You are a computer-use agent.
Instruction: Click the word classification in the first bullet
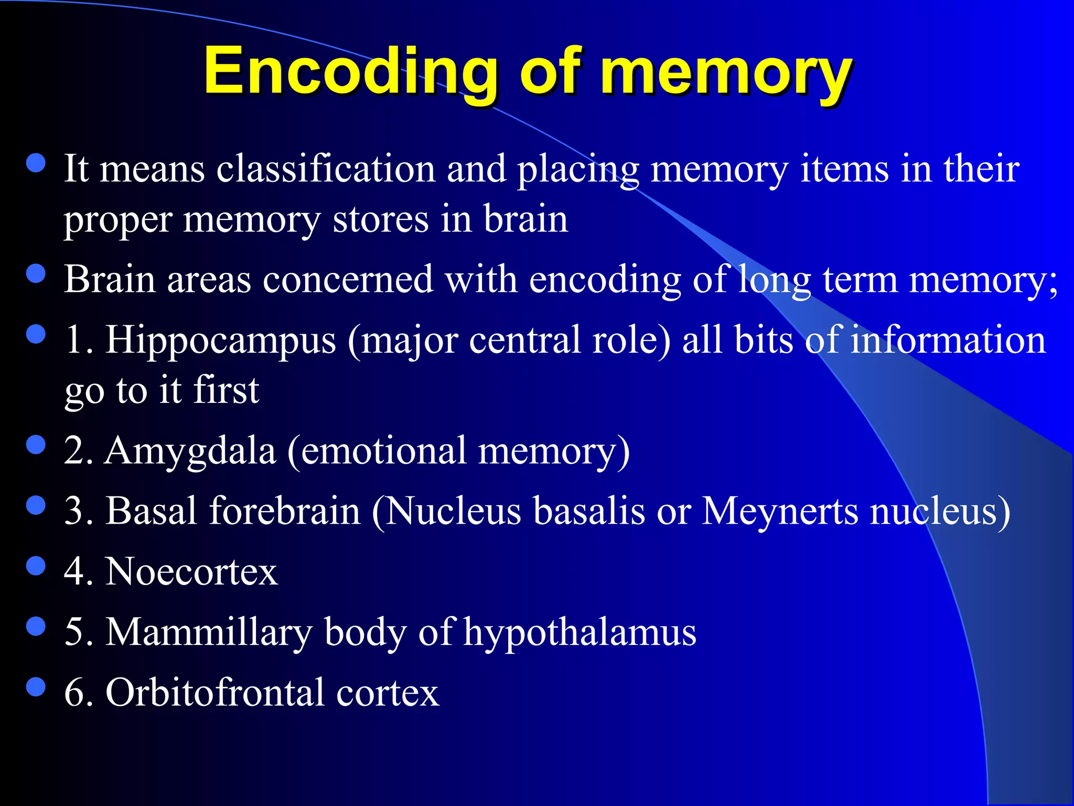(x=326, y=169)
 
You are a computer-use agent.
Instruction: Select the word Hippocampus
(x=221, y=340)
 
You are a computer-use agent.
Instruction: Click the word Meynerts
(x=780, y=511)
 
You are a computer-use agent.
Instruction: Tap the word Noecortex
(x=191, y=571)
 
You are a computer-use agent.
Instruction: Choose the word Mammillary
(x=209, y=632)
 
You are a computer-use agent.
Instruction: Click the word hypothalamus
(x=579, y=632)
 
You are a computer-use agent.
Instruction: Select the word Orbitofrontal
(x=215, y=692)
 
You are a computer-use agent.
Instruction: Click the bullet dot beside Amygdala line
(x=36, y=445)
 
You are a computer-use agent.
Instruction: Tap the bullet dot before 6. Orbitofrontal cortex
(x=36, y=686)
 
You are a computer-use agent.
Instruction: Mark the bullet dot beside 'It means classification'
(x=36, y=163)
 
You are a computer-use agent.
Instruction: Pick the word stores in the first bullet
(x=380, y=219)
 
